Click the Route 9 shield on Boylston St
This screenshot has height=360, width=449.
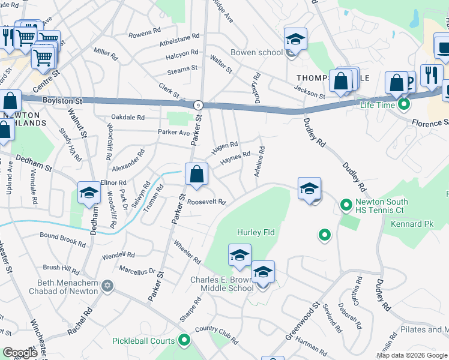[197, 105]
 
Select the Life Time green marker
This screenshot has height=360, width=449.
[404, 105]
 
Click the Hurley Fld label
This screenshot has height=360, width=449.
[252, 232]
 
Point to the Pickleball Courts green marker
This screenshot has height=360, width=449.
[184, 341]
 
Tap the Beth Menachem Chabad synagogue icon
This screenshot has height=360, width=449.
[107, 284]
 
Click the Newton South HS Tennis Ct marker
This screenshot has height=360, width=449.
[346, 206]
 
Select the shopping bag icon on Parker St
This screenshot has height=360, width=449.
[196, 175]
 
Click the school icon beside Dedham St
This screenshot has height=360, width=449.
[89, 193]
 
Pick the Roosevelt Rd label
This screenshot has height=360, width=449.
[206, 202]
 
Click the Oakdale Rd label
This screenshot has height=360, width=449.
[127, 118]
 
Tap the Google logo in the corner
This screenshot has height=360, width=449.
[20, 353]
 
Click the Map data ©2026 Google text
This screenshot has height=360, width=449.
[411, 355]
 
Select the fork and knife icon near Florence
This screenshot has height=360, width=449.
[431, 74]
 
